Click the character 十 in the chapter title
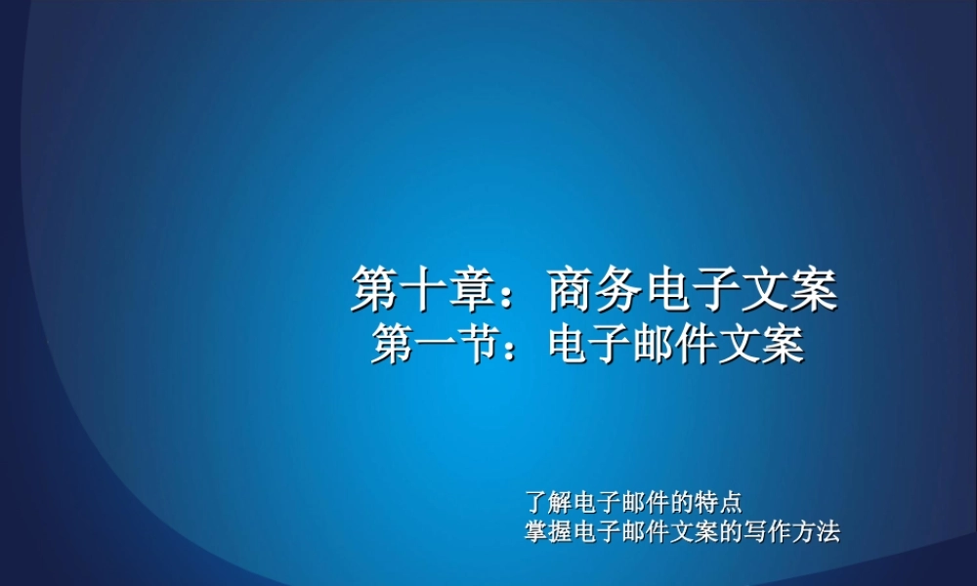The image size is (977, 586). [x=424, y=289]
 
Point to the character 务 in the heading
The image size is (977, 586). [x=620, y=289]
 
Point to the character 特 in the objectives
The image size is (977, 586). [x=708, y=504]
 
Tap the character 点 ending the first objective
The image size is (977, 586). [x=732, y=504]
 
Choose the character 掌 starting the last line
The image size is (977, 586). [x=536, y=533]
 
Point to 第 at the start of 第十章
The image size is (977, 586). [x=375, y=289]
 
